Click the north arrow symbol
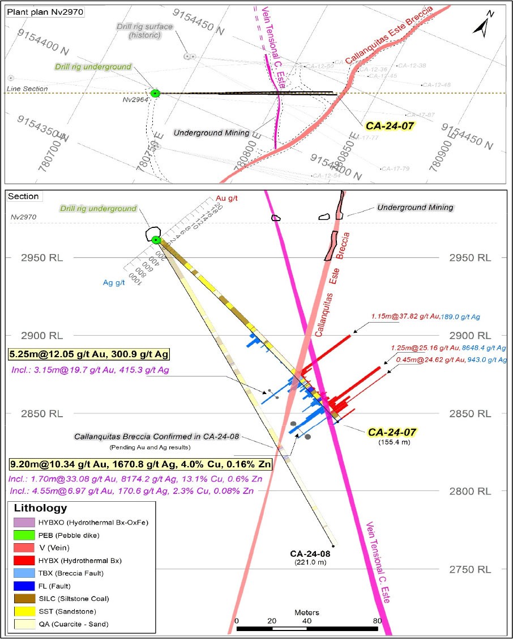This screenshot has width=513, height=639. tap(485, 24)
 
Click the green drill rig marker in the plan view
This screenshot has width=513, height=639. tap(156, 93)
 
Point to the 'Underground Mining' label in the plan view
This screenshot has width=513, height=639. tap(211, 133)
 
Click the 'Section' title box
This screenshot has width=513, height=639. tap(24, 196)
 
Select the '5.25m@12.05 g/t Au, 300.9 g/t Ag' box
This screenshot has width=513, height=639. tap(89, 354)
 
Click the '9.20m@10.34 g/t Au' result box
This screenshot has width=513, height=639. tap(139, 464)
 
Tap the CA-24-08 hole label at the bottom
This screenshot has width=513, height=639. tap(310, 553)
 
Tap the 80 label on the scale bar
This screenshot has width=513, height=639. tap(376, 620)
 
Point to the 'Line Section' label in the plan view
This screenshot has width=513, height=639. tap(27, 89)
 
